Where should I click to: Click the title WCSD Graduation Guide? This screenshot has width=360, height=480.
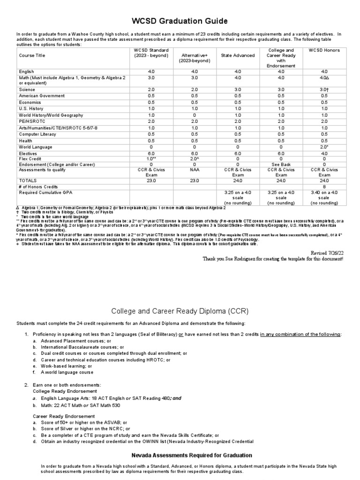point(180,21)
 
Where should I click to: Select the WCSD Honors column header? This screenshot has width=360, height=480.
point(324,50)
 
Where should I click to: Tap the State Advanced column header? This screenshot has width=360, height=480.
point(238,55)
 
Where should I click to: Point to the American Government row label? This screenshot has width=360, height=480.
point(42,95)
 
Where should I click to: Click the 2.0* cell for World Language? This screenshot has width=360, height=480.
point(324,147)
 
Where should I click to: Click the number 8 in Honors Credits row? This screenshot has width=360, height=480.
point(324,186)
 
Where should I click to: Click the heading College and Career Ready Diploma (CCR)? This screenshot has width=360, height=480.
point(180,311)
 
